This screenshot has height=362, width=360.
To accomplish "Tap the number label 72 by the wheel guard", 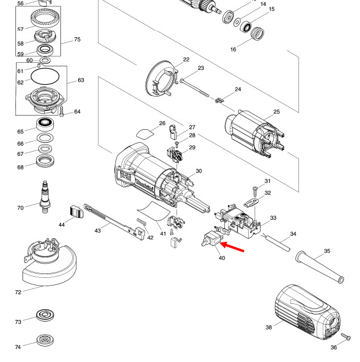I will [x=18, y=293].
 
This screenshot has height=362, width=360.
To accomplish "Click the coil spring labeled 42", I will [x=141, y=225].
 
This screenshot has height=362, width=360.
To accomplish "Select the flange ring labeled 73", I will [x=43, y=315].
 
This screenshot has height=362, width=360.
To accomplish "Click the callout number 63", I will [x=81, y=80].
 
